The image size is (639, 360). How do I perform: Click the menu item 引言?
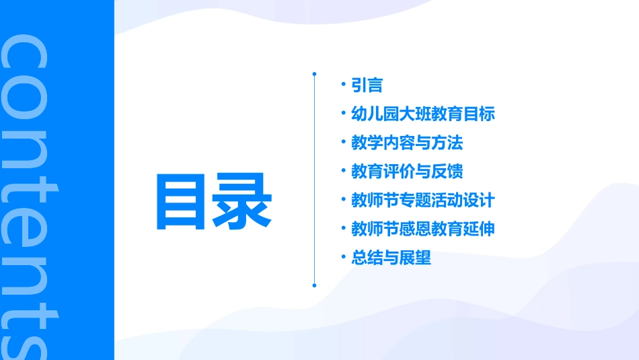tap(367, 85)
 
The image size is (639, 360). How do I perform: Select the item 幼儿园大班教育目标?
tap(423, 114)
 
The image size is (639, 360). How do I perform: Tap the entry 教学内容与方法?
tap(407, 143)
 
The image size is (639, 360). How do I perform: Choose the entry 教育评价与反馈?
tap(407, 172)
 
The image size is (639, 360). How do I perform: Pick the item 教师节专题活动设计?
tap(423, 201)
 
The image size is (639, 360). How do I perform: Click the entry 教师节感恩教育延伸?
tap(423, 229)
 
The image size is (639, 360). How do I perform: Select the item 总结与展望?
tap(391, 258)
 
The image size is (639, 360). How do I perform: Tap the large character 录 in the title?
tap(243, 201)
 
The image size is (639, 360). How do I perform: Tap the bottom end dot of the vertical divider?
tap(314, 285)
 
